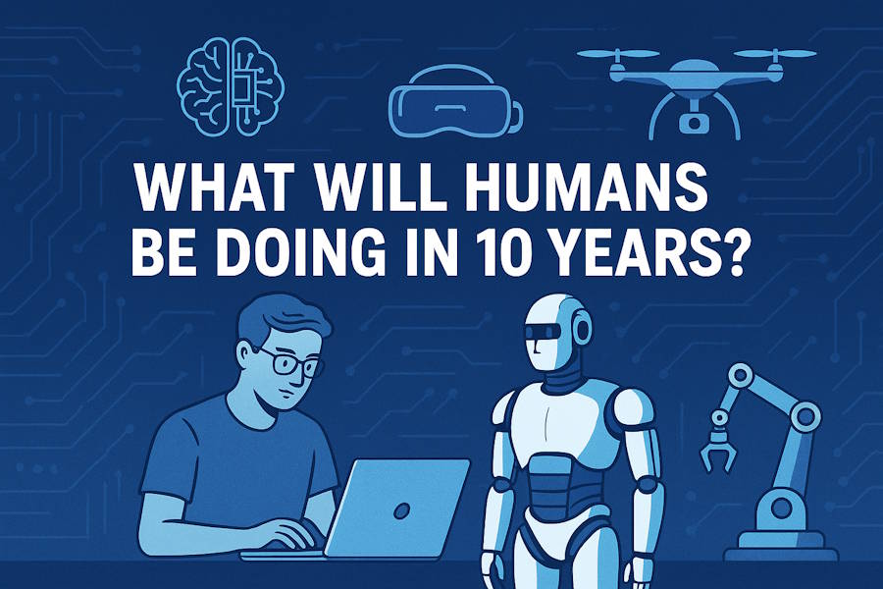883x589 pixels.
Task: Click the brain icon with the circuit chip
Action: pos(231,85)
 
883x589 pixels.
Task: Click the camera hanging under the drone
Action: pos(694,121)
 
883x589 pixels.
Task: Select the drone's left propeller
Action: pos(618,55)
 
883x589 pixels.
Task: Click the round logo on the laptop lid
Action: pos(400,511)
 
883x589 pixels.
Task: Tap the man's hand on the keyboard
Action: pos(290,534)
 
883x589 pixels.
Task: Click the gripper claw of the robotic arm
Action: pos(717,452)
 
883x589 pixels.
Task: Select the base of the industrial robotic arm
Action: pos(781,542)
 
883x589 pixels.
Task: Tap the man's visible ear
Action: pos(242,356)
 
